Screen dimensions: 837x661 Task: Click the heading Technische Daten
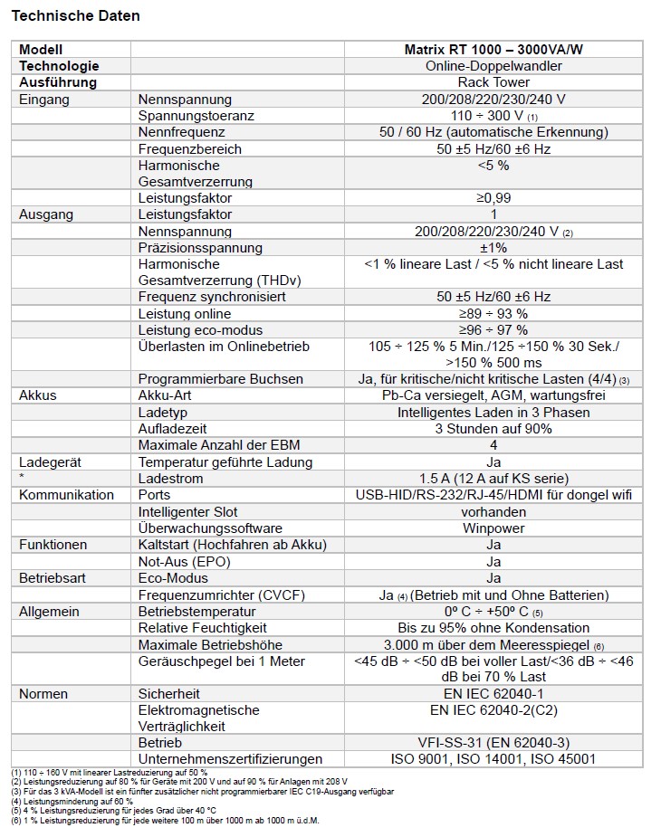76,16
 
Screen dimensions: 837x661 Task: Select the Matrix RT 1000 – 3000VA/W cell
493,50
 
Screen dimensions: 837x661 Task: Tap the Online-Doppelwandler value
493,66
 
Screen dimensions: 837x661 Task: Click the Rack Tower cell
493,82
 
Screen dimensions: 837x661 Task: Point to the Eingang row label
44,100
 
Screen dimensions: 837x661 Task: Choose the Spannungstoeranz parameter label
196,116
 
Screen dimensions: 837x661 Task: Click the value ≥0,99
493,198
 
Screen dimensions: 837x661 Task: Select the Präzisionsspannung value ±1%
493,248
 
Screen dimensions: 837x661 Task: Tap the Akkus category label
38,395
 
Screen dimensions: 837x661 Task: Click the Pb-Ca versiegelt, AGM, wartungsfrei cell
493,395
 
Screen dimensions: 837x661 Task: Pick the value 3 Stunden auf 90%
493,429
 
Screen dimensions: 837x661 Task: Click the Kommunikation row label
67,495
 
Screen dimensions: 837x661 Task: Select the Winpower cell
493,528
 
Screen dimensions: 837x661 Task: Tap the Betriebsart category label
55,578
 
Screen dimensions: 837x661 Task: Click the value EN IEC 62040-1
493,693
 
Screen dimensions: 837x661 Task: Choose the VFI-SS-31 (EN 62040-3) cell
493,743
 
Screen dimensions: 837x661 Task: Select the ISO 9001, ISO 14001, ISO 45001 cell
493,759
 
